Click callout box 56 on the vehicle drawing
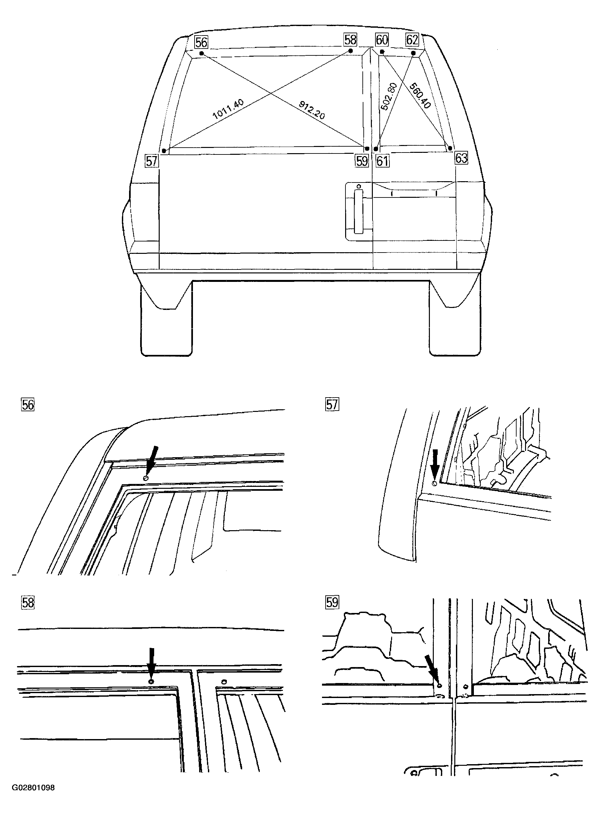tap(201, 42)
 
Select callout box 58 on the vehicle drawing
tap(350, 39)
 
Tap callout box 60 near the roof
tap(382, 39)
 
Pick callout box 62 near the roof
tap(412, 39)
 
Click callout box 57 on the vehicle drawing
tap(152, 161)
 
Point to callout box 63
tap(461, 158)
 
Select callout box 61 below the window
tap(382, 161)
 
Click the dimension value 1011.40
tap(228, 109)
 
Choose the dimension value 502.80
tap(388, 96)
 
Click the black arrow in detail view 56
tap(152, 456)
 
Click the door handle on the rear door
tap(359, 211)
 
